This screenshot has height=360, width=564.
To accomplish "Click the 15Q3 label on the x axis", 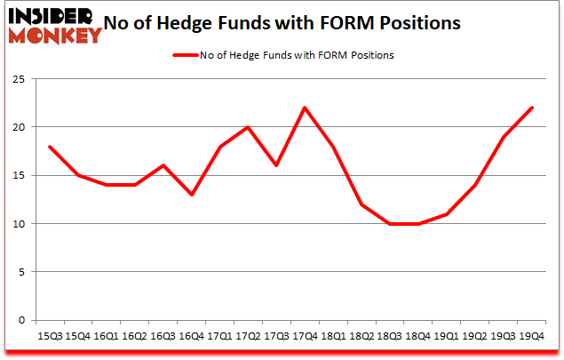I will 49,336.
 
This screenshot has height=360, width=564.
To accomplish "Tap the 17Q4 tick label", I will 307,336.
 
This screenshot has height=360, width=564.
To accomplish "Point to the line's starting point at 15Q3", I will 49,147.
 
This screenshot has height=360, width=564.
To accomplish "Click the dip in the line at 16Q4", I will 193,195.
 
